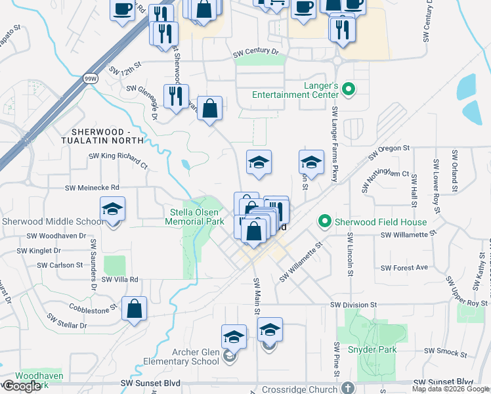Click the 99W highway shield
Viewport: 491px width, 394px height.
90,78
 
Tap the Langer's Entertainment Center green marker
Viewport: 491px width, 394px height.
349,89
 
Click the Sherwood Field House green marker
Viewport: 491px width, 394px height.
324,222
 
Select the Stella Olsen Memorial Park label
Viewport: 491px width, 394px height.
198,217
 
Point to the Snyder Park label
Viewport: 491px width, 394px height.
377,349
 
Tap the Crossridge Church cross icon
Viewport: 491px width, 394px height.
347,387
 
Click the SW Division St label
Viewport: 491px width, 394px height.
354,305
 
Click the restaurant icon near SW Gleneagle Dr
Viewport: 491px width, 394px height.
176,97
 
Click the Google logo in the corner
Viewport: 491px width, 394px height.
22,386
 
